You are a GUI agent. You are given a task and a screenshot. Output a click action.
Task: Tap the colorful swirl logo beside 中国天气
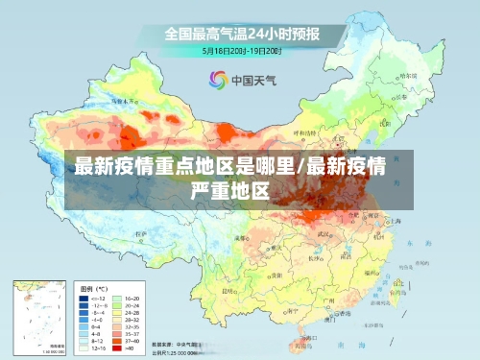(x=218, y=80)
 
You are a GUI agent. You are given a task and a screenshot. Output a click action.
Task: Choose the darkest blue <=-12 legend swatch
(x=84, y=299)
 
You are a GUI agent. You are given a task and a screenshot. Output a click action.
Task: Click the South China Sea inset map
(x=40, y=318)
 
